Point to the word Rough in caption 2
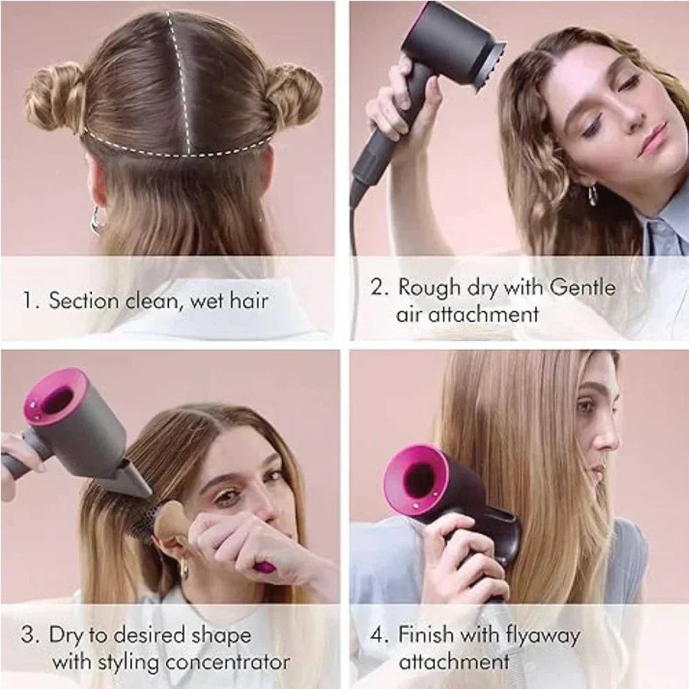(x=428, y=287)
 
